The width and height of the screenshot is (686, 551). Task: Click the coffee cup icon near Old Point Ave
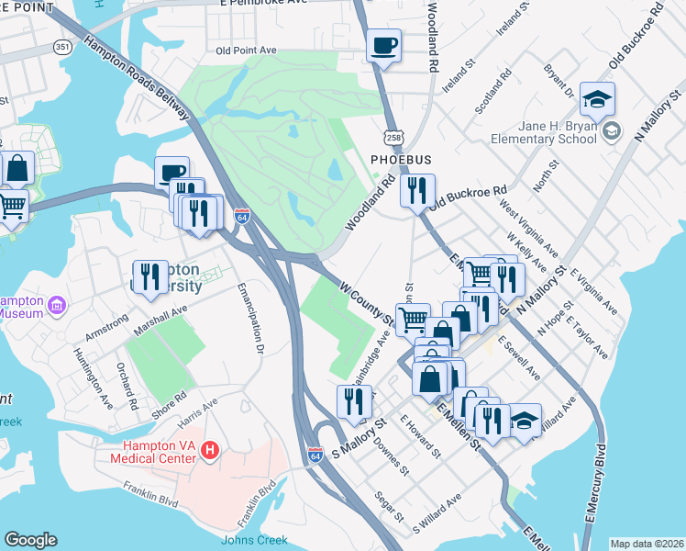383,44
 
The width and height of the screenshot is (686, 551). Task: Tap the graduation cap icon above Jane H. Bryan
598,98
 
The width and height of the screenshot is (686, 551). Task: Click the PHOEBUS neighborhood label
401,160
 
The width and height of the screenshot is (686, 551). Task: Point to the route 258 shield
393,137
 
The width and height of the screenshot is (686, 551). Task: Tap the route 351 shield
62,46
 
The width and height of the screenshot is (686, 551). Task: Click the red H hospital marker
210,450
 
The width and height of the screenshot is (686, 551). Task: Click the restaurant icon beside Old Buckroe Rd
416,191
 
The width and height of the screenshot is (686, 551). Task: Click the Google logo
31,539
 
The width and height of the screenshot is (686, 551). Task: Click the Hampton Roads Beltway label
138,77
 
